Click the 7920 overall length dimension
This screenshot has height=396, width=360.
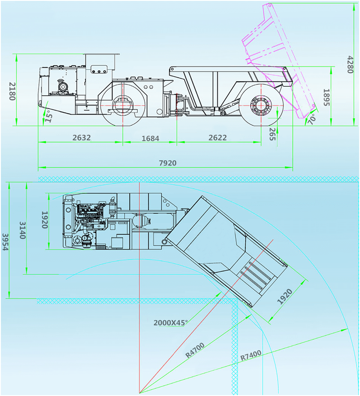click(x=167, y=163)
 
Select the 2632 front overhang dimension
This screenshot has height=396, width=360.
click(x=81, y=138)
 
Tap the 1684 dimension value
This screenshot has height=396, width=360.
click(x=150, y=138)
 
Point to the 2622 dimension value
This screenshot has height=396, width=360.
click(x=217, y=138)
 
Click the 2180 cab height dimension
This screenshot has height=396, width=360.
click(x=13, y=91)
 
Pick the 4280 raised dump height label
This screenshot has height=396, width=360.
click(x=350, y=65)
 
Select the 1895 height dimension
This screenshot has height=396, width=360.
click(x=327, y=98)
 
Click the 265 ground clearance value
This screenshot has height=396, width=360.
click(x=272, y=134)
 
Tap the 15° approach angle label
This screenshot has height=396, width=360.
click(x=49, y=116)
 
